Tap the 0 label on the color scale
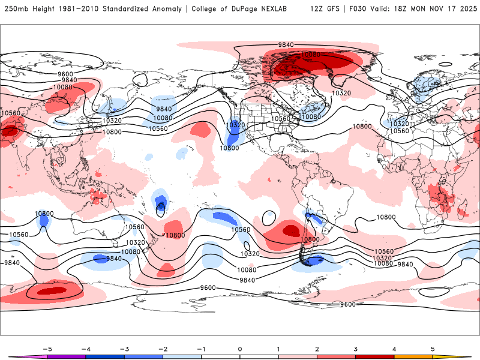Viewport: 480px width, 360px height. (x=240, y=348)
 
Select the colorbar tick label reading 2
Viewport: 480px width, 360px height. (x=317, y=348)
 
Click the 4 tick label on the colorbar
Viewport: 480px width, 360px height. (x=394, y=348)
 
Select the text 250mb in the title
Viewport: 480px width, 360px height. (x=16, y=9)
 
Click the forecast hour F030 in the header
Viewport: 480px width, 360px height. (x=356, y=9)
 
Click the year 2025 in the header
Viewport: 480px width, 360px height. (x=464, y=9)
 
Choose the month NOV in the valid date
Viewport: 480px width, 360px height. (x=431, y=9)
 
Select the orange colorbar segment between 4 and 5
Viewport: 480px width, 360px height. (x=413, y=357)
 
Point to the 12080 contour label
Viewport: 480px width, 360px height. (x=311, y=55)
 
